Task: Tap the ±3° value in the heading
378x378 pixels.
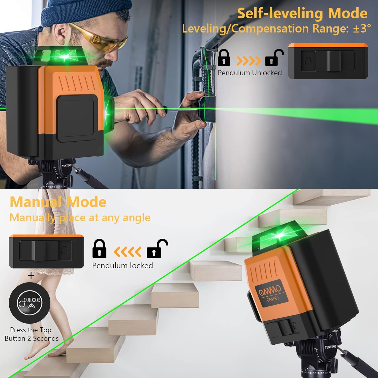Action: click(362, 28)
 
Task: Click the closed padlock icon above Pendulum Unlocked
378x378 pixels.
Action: click(224, 58)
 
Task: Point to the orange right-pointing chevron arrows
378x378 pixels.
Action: click(248, 61)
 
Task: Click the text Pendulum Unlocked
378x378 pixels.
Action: click(250, 73)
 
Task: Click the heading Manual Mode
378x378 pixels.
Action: click(58, 202)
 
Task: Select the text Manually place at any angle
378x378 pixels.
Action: click(80, 217)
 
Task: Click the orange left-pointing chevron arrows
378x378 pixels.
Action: click(127, 251)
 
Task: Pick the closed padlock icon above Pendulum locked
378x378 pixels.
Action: click(99, 249)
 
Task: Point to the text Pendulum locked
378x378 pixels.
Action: click(122, 265)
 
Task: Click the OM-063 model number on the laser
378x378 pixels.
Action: click(273, 299)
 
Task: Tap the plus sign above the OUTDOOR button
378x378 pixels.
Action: click(31, 275)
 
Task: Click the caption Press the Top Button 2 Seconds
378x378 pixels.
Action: click(31, 334)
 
